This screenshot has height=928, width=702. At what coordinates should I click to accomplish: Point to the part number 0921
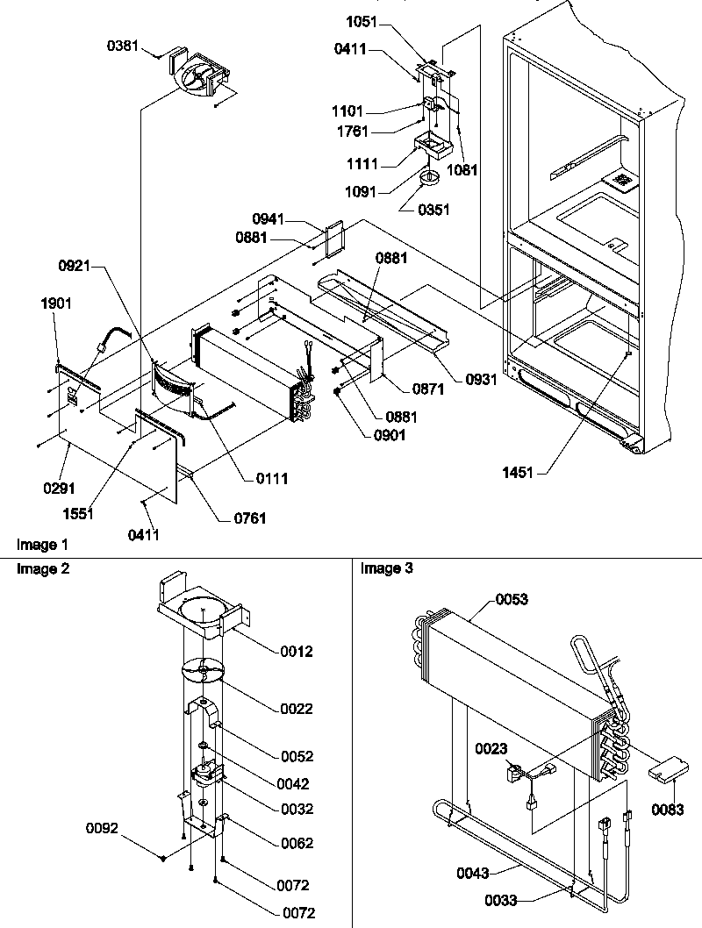77,265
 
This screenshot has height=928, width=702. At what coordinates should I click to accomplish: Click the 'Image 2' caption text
39,569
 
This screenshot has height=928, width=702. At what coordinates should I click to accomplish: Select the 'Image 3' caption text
382,569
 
